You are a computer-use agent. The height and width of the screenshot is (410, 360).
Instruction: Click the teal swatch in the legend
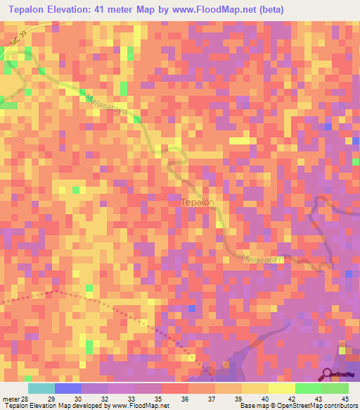click(41, 388)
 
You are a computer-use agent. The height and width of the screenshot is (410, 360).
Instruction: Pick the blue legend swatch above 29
click(68, 388)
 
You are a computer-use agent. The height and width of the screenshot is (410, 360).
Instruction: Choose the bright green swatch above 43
click(309, 388)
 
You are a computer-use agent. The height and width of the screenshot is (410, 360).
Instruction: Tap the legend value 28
click(28, 399)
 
